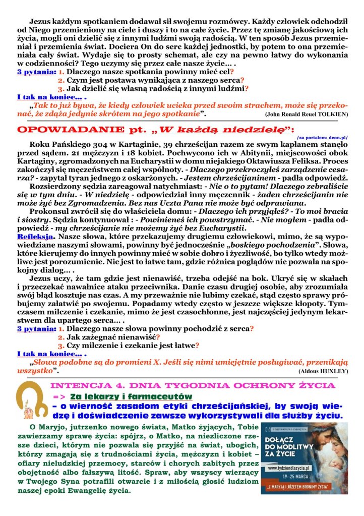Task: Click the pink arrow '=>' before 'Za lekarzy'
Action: [59, 397]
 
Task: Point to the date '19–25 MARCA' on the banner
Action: [296, 477]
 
